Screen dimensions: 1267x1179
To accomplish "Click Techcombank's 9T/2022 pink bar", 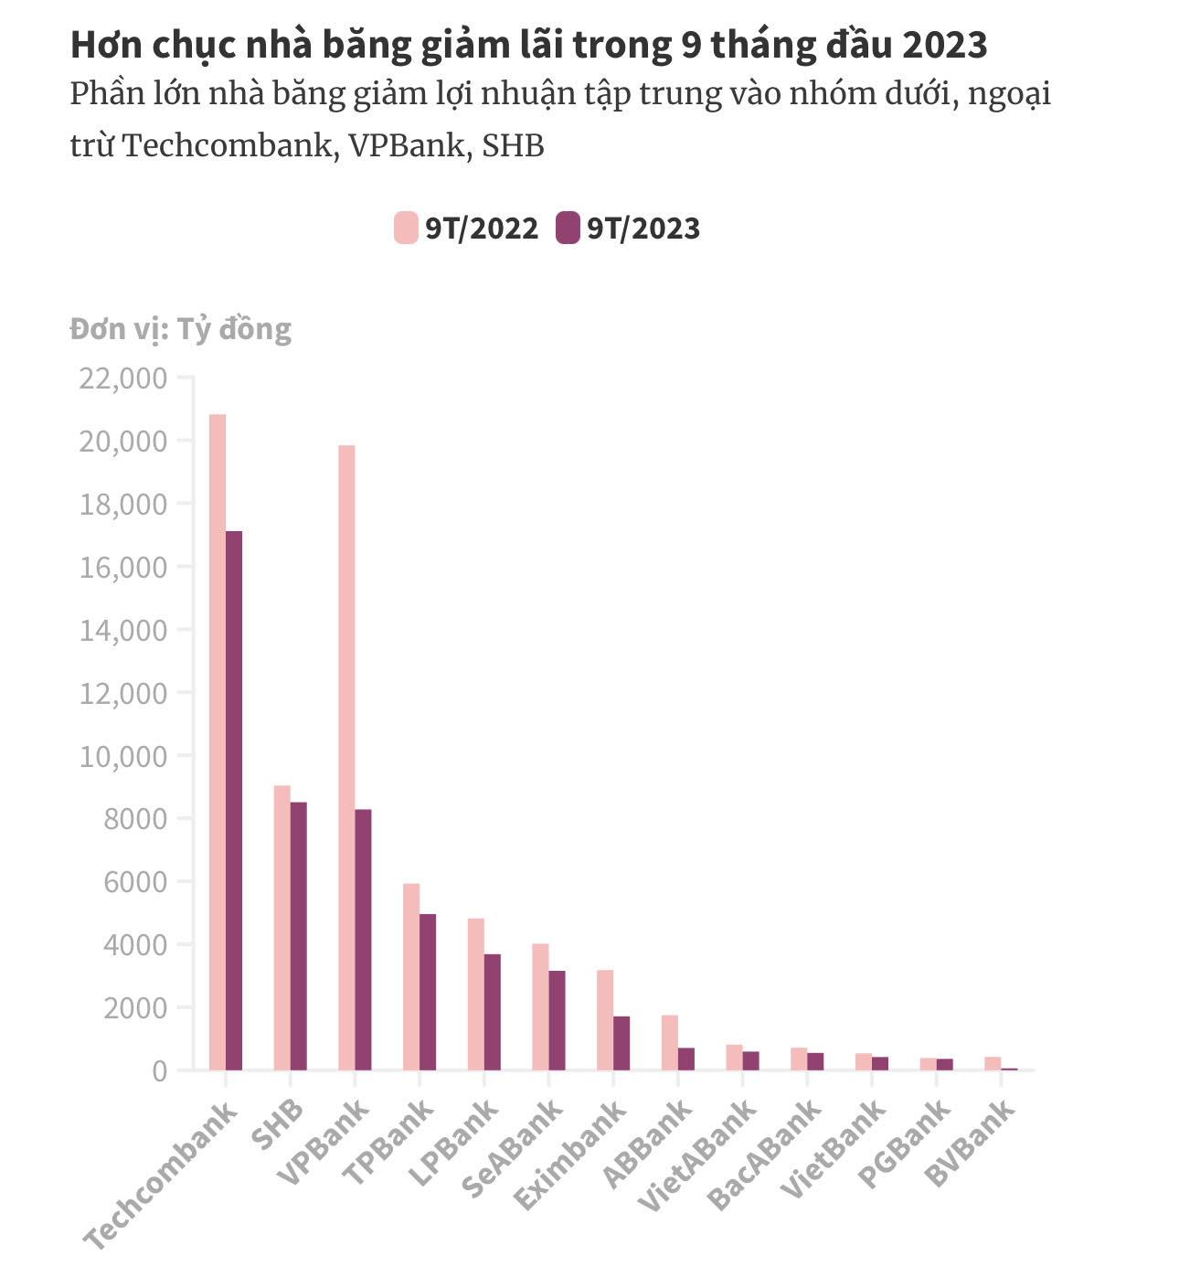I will coord(218,741).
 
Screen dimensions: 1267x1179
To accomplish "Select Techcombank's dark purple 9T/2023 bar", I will coord(234,800).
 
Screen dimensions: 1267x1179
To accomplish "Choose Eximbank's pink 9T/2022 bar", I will coord(605,1019).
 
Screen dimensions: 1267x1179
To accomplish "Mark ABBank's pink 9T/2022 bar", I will coord(670,1042).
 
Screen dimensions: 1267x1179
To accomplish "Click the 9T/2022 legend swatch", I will coord(406,228).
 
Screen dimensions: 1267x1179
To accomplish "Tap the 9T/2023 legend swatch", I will coord(568,228).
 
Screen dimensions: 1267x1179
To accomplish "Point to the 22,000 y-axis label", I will coord(123,378).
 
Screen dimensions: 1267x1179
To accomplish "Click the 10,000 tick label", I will coord(123,756).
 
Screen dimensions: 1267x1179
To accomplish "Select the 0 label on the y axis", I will coord(160,1070).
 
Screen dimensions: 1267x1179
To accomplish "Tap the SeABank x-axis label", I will coord(513,1148).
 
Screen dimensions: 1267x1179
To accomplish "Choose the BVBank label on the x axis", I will coord(971,1143).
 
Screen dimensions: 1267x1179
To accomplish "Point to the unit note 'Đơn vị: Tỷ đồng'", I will coord(180,329).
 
